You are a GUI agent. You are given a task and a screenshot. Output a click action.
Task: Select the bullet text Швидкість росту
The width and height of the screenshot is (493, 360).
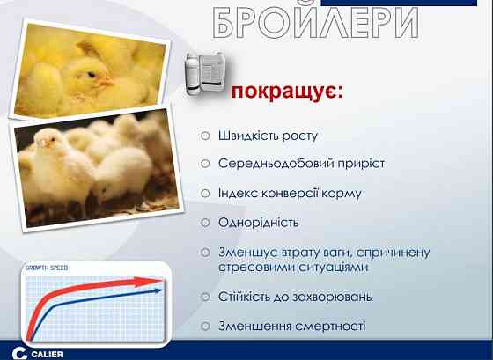[268, 136]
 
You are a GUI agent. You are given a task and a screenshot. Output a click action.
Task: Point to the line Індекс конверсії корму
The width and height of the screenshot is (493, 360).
[290, 193]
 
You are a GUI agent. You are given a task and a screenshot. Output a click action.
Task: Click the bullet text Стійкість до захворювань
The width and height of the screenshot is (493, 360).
[294, 297]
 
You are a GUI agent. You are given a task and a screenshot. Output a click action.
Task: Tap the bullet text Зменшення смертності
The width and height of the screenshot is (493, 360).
[291, 326]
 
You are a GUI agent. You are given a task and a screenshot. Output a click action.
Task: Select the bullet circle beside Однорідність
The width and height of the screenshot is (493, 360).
[204, 223]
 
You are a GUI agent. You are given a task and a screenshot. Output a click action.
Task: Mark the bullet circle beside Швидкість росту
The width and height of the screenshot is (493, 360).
[204, 136]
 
